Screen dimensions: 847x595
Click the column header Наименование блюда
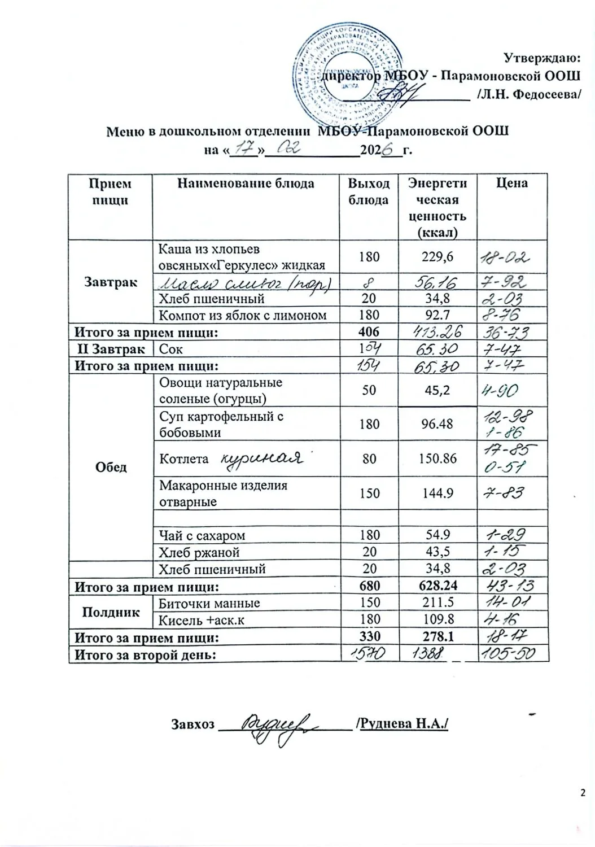[x=246, y=184]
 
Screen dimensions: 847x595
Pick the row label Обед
[x=111, y=468]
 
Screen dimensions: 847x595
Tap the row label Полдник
[x=111, y=611]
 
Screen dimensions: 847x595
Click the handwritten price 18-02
[x=504, y=257]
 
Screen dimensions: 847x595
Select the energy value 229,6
[x=438, y=257]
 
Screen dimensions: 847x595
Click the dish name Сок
[x=171, y=350]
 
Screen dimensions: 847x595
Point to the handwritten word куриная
[x=260, y=457]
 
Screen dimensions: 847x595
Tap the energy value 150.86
[x=438, y=459]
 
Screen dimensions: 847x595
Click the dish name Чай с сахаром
[x=202, y=535]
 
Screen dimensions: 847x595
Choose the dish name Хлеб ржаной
[x=199, y=552]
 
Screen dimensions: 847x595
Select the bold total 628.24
[x=438, y=586]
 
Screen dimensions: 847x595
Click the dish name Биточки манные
[x=209, y=603]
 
